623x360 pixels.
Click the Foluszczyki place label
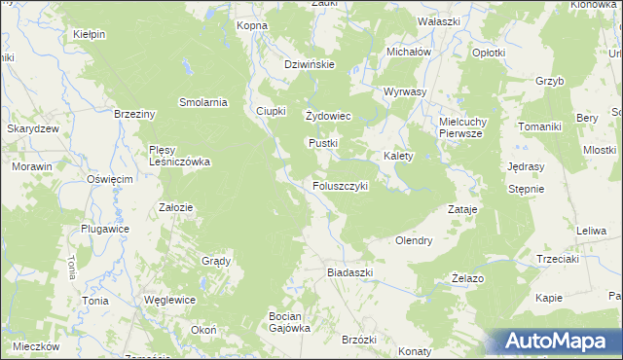pyautogui.click(x=340, y=186)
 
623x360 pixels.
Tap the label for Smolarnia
pyautogui.click(x=203, y=101)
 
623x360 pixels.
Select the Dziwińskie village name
pyautogui.click(x=310, y=64)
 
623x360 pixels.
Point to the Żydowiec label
pyautogui.click(x=328, y=117)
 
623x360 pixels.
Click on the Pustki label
pyautogui.click(x=323, y=143)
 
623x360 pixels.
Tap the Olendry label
pyautogui.click(x=413, y=240)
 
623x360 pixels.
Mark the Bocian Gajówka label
pyautogui.click(x=289, y=322)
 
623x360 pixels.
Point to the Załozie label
pyautogui.click(x=175, y=207)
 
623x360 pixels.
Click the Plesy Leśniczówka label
pyautogui.click(x=179, y=156)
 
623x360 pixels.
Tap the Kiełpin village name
pyautogui.click(x=89, y=34)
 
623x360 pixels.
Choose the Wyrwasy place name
pyautogui.click(x=406, y=91)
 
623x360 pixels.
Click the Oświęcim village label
pyautogui.click(x=109, y=180)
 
